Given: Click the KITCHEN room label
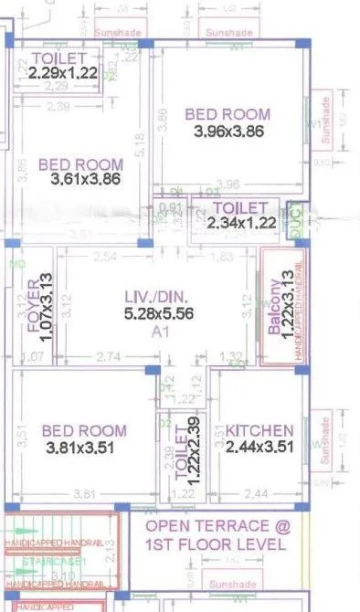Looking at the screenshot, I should [x=259, y=431].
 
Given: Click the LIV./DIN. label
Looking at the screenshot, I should [x=159, y=297].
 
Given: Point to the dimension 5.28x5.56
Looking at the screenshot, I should [x=159, y=314].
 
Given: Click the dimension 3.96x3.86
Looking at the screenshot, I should [x=228, y=132].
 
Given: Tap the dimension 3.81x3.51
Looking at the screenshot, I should [x=83, y=448].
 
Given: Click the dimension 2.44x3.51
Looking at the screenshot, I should [x=259, y=448].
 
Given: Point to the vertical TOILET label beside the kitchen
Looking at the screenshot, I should [x=165, y=448].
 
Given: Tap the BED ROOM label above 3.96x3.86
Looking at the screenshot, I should [x=228, y=115].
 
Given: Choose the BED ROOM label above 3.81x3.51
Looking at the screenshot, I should [x=83, y=431].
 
